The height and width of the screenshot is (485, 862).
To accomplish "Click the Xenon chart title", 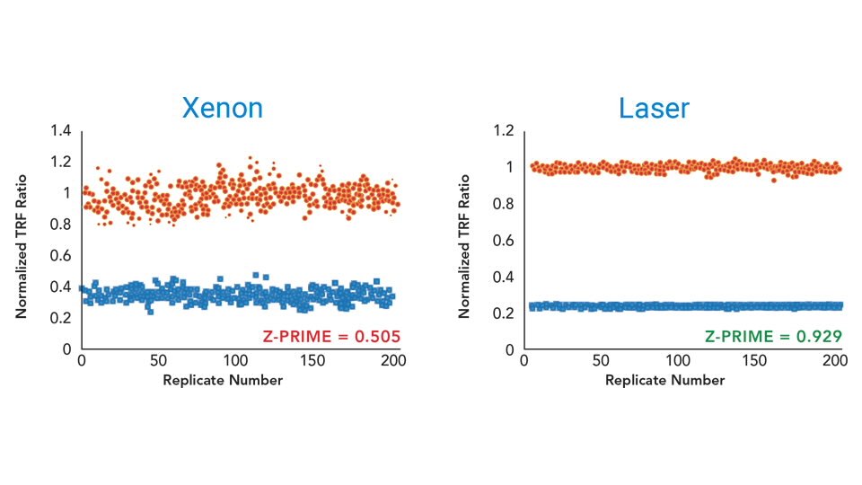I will (x=223, y=109).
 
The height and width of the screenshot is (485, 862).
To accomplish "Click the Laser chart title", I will (x=654, y=109).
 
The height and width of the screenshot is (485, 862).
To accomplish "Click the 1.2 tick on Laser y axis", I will (x=502, y=131).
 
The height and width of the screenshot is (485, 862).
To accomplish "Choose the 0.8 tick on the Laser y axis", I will (x=502, y=204).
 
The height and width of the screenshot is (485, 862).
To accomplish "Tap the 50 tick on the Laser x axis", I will (x=601, y=362).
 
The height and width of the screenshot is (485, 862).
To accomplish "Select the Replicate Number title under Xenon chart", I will (x=223, y=380).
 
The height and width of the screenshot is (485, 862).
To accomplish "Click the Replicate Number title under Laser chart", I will (x=664, y=380).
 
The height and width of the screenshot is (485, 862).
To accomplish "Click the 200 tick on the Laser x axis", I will (x=835, y=362).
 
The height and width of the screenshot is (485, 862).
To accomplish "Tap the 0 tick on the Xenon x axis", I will (x=81, y=362).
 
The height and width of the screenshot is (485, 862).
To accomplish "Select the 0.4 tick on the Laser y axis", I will (x=502, y=277).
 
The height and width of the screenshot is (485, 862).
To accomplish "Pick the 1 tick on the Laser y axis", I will (x=509, y=168).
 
